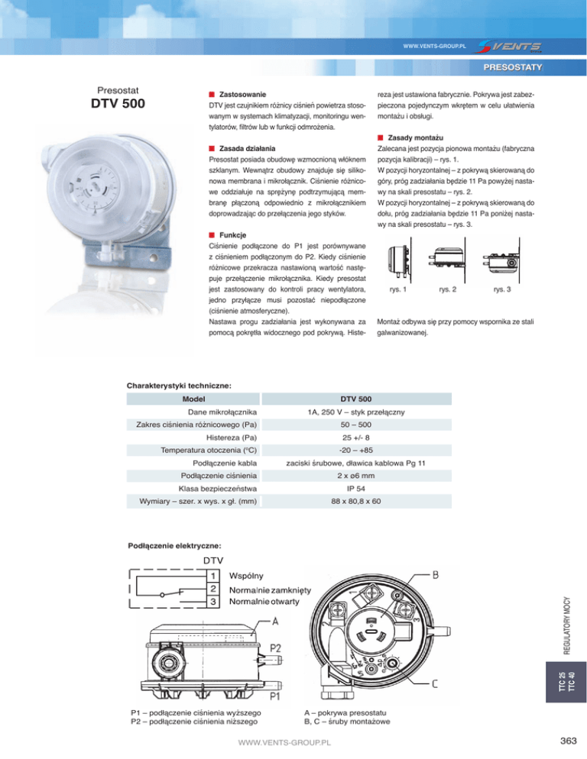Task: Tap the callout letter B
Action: click(435, 573)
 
